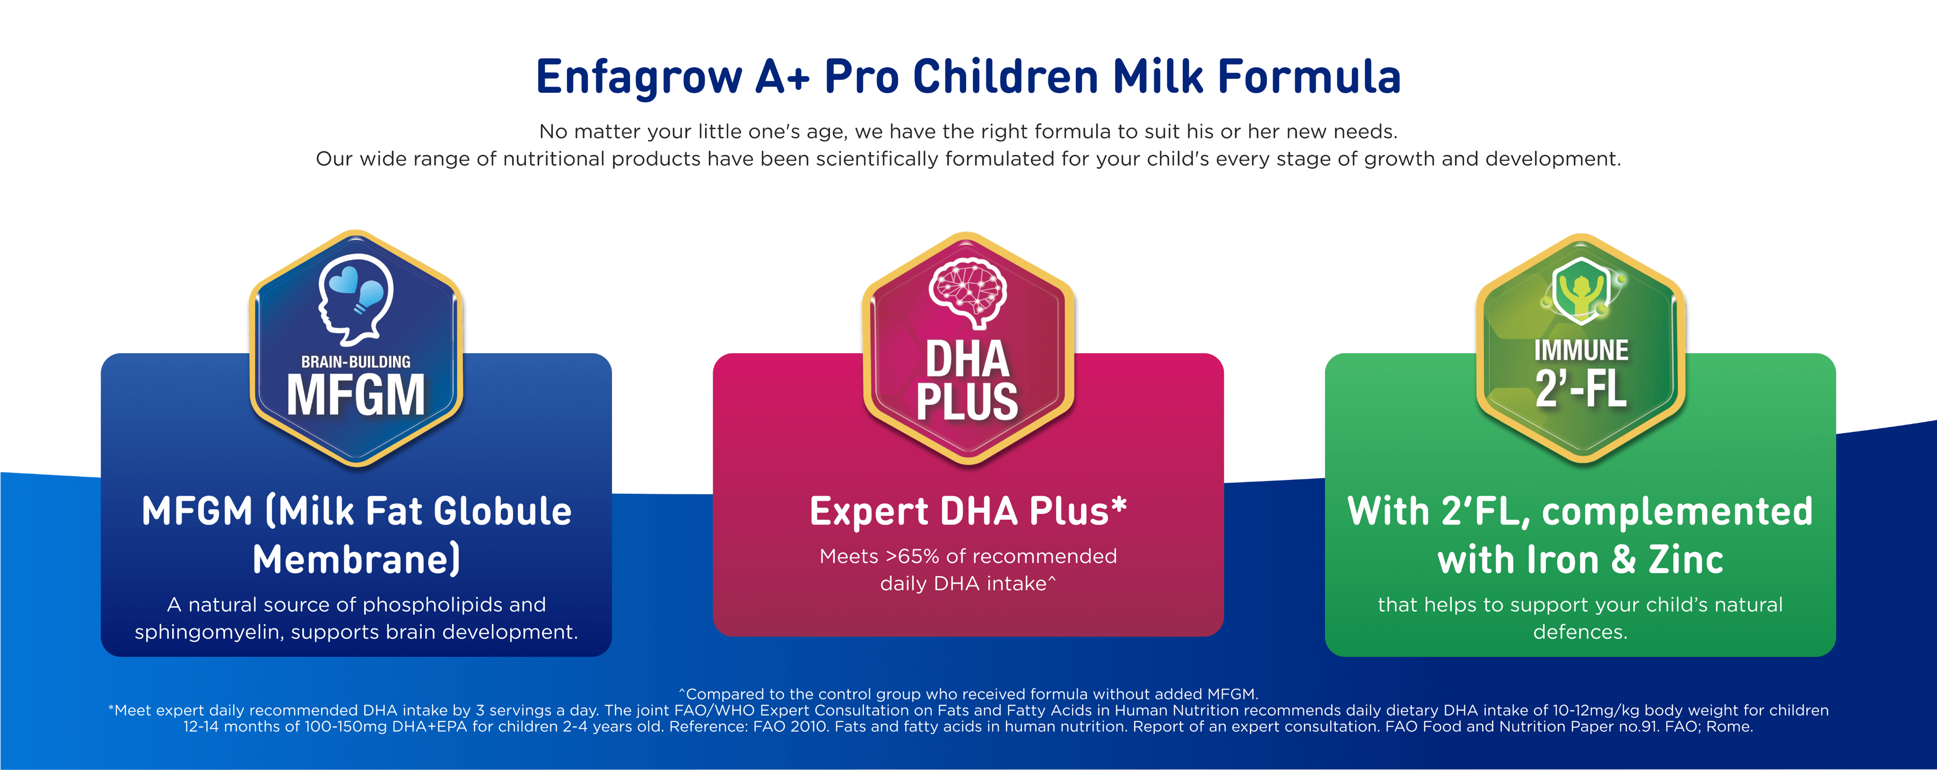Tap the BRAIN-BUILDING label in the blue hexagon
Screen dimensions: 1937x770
pyautogui.click(x=356, y=362)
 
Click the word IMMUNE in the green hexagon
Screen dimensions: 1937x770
pyautogui.click(x=1581, y=350)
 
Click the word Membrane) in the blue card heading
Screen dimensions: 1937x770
pyautogui.click(x=356, y=559)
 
